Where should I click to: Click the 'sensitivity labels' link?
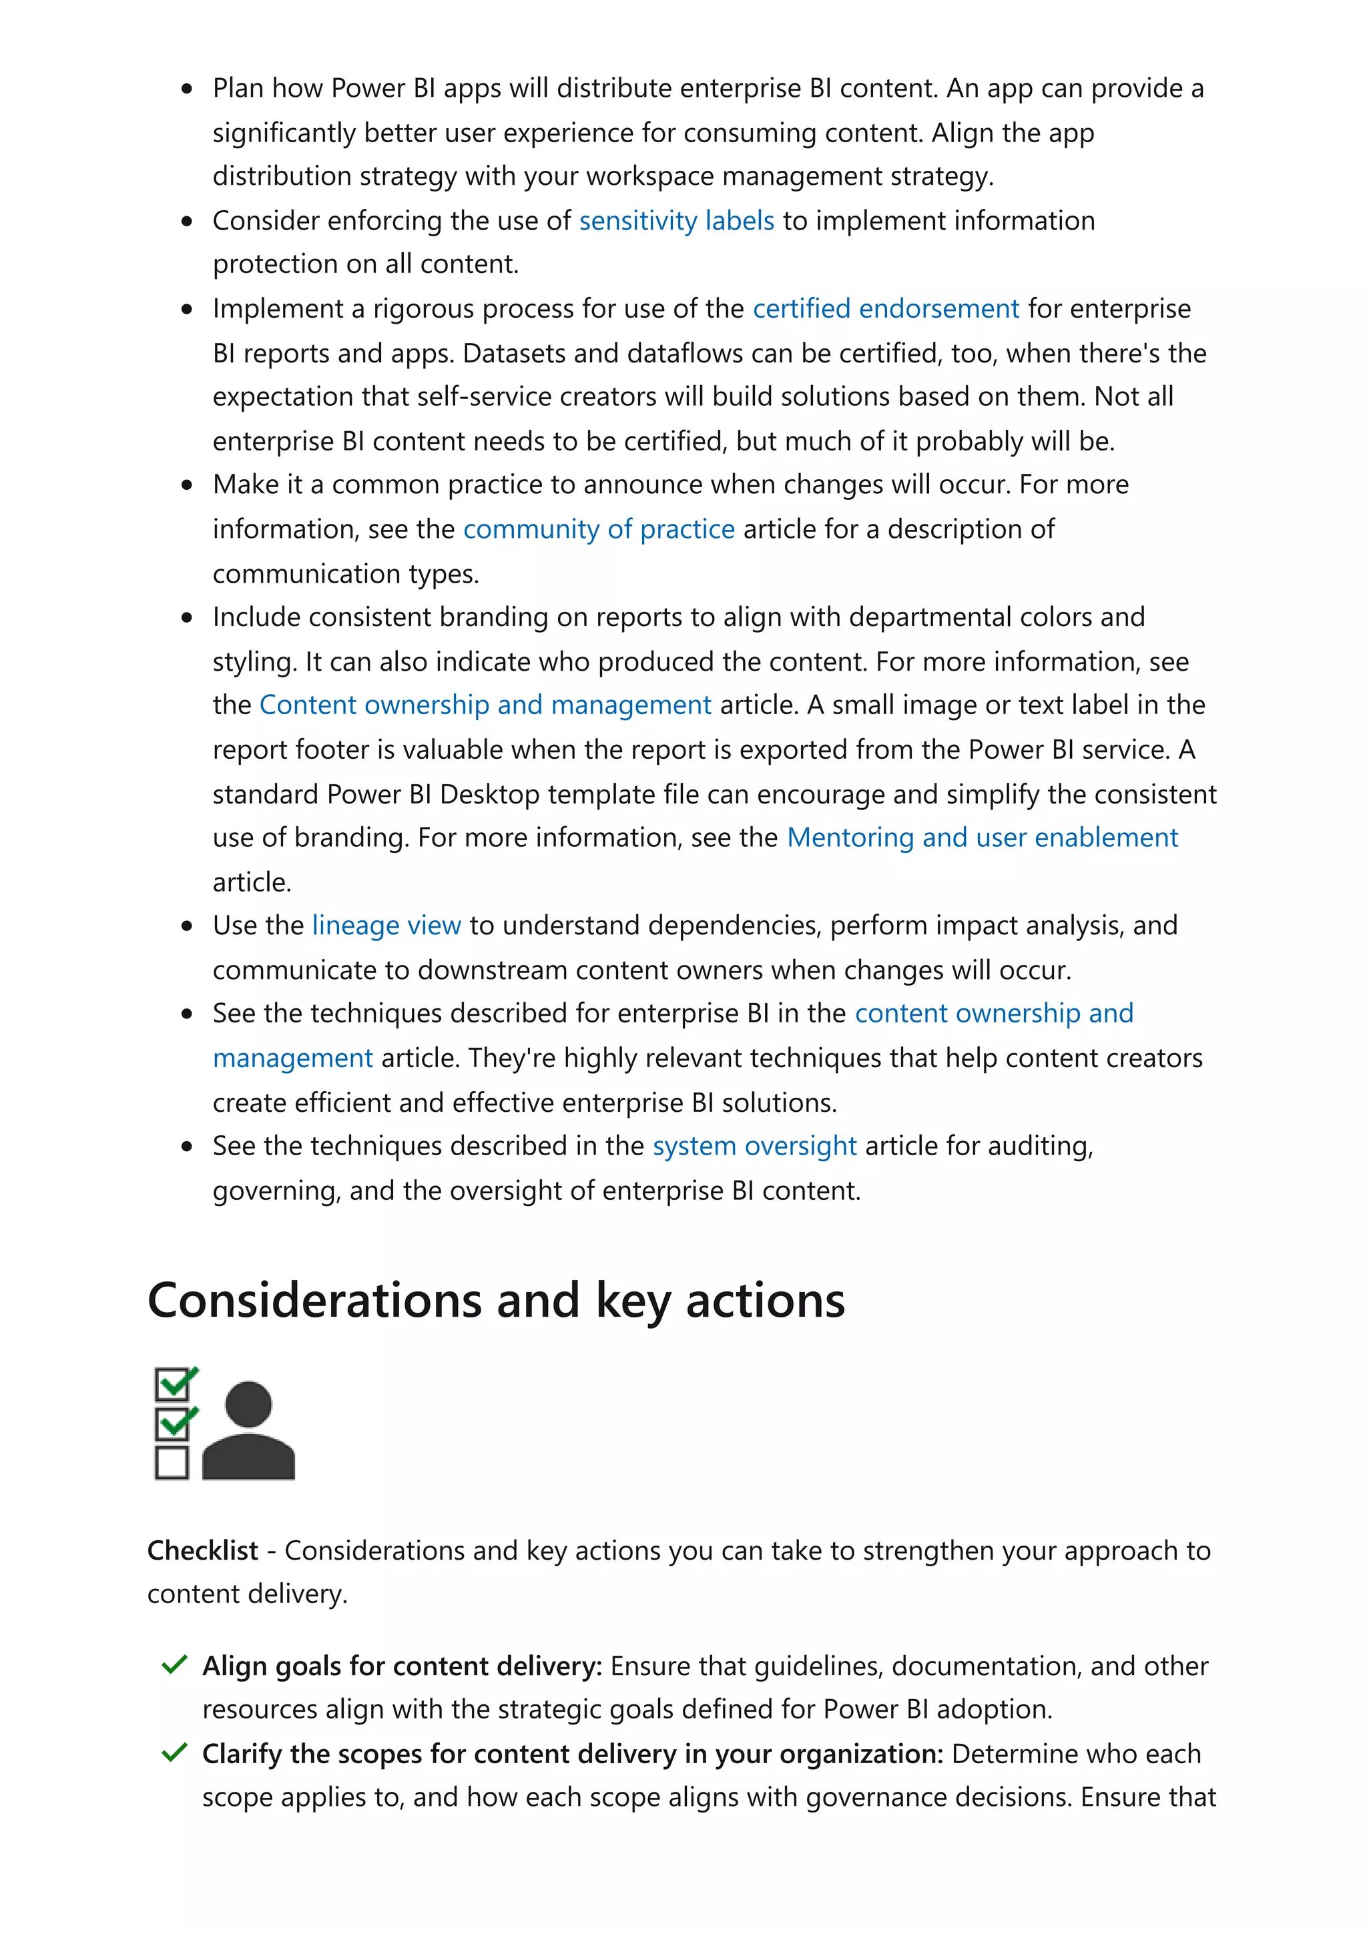pos(675,221)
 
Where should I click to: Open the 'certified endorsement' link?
pos(885,309)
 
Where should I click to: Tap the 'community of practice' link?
pos(598,529)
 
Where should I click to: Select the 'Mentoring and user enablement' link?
pos(981,838)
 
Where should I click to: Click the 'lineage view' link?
pos(386,926)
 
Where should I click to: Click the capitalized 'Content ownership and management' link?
pos(485,705)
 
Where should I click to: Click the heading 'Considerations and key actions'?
pos(495,1301)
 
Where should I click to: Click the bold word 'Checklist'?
pos(202,1551)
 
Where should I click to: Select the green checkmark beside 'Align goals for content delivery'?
pos(174,1665)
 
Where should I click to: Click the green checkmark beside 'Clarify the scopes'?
pos(174,1754)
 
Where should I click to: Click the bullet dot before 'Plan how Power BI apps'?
pos(187,89)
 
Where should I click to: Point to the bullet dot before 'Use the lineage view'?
pos(187,926)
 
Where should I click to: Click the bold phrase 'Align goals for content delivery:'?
pos(402,1666)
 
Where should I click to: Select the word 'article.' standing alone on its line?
pos(251,882)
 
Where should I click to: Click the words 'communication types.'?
pos(345,574)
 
